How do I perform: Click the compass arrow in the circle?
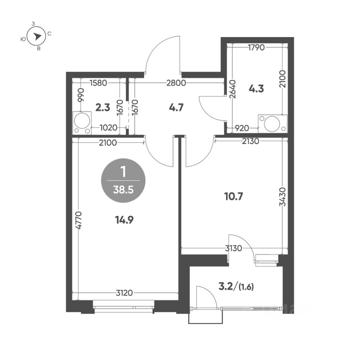tap(37, 36)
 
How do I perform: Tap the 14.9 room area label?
tap(124, 220)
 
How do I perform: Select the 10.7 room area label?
tap(234, 196)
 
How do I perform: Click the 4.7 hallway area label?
tap(176, 108)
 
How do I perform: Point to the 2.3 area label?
tap(103, 108)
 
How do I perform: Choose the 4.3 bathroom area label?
tap(256, 88)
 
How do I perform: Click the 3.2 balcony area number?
tap(226, 287)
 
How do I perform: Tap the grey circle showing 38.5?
tap(123, 180)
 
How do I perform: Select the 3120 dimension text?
tap(124, 293)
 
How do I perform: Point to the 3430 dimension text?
tap(283, 197)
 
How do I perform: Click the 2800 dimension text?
tap(176, 82)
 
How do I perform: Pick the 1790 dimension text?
tap(256, 48)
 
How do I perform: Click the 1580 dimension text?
tap(98, 82)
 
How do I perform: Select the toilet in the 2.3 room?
tap(82, 123)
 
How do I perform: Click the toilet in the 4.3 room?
tap(273, 123)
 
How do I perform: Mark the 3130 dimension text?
tap(234, 248)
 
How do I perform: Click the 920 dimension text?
tap(242, 128)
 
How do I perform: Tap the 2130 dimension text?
tap(250, 141)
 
